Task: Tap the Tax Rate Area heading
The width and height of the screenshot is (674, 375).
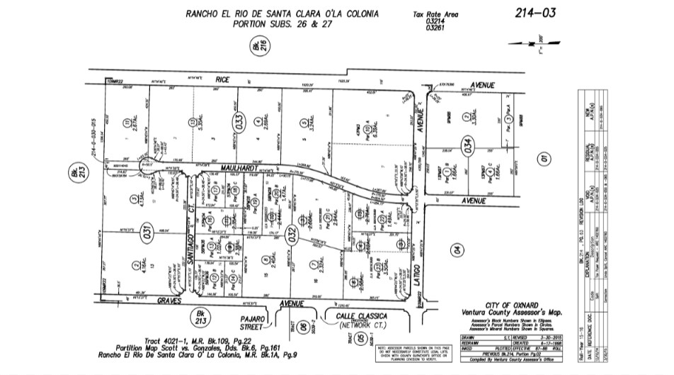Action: coord(435,13)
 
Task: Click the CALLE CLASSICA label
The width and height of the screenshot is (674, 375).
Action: coord(357,315)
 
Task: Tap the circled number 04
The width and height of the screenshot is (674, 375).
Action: coord(457,250)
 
